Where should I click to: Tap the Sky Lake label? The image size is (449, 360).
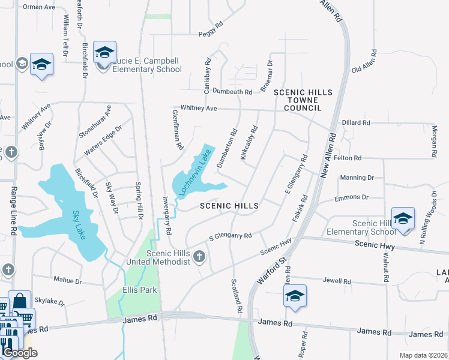pyautogui.click(x=79, y=225)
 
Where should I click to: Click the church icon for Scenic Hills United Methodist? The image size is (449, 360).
pyautogui.click(x=200, y=258)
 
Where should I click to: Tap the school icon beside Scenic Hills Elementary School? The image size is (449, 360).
pyautogui.click(x=403, y=218)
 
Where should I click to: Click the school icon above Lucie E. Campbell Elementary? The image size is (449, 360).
pyautogui.click(x=104, y=53)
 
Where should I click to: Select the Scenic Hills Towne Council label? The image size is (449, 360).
pyautogui.click(x=303, y=100)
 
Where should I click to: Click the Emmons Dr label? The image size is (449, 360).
pyautogui.click(x=351, y=197)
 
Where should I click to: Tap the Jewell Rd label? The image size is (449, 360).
pyautogui.click(x=337, y=281)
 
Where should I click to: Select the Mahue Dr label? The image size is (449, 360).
pyautogui.click(x=67, y=280)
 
